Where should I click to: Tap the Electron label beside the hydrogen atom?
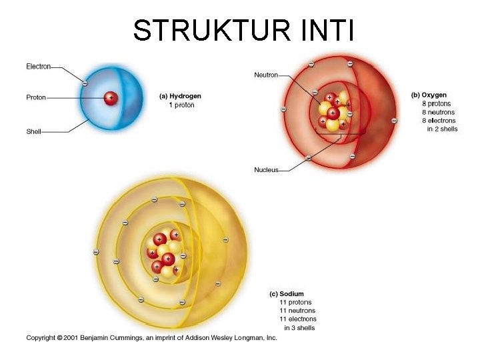[38, 66]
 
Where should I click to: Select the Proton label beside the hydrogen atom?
[36, 97]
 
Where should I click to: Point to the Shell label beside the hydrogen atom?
[33, 131]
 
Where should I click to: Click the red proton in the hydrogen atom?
[110, 98]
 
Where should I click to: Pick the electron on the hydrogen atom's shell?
[84, 83]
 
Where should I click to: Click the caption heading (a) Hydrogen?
[180, 96]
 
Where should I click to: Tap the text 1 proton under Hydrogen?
[181, 105]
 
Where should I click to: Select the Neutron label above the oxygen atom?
[266, 75]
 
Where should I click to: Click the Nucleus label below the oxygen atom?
[266, 170]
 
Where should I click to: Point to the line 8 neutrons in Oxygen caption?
[438, 112]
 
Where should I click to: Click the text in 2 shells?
[442, 129]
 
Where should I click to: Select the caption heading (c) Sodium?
[287, 294]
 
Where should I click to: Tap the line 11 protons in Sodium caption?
[295, 303]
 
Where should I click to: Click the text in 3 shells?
[299, 327]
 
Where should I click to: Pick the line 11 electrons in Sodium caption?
[297, 319]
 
